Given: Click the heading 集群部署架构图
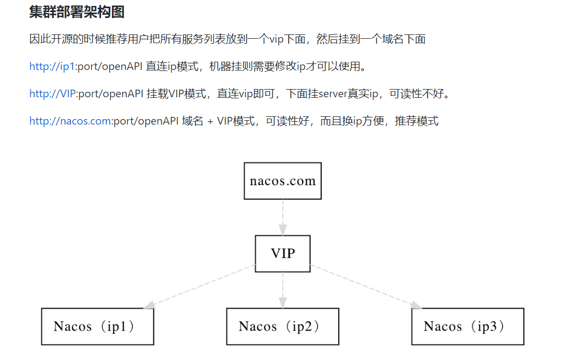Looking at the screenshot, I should click(x=76, y=11).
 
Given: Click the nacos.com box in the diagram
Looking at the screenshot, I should click(x=282, y=181).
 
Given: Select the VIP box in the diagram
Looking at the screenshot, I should click(x=282, y=253).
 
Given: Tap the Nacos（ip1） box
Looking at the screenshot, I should click(x=97, y=327).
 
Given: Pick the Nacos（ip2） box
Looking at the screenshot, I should click(x=282, y=327).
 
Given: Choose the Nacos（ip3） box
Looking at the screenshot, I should click(x=467, y=327).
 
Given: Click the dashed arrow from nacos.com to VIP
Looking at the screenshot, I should click(x=282, y=217).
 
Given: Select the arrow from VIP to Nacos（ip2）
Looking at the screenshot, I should click(x=282, y=290).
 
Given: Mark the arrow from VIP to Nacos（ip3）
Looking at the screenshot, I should click(x=366, y=287).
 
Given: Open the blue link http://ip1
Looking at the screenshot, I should click(x=52, y=67).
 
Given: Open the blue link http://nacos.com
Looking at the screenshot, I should click(x=70, y=121).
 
